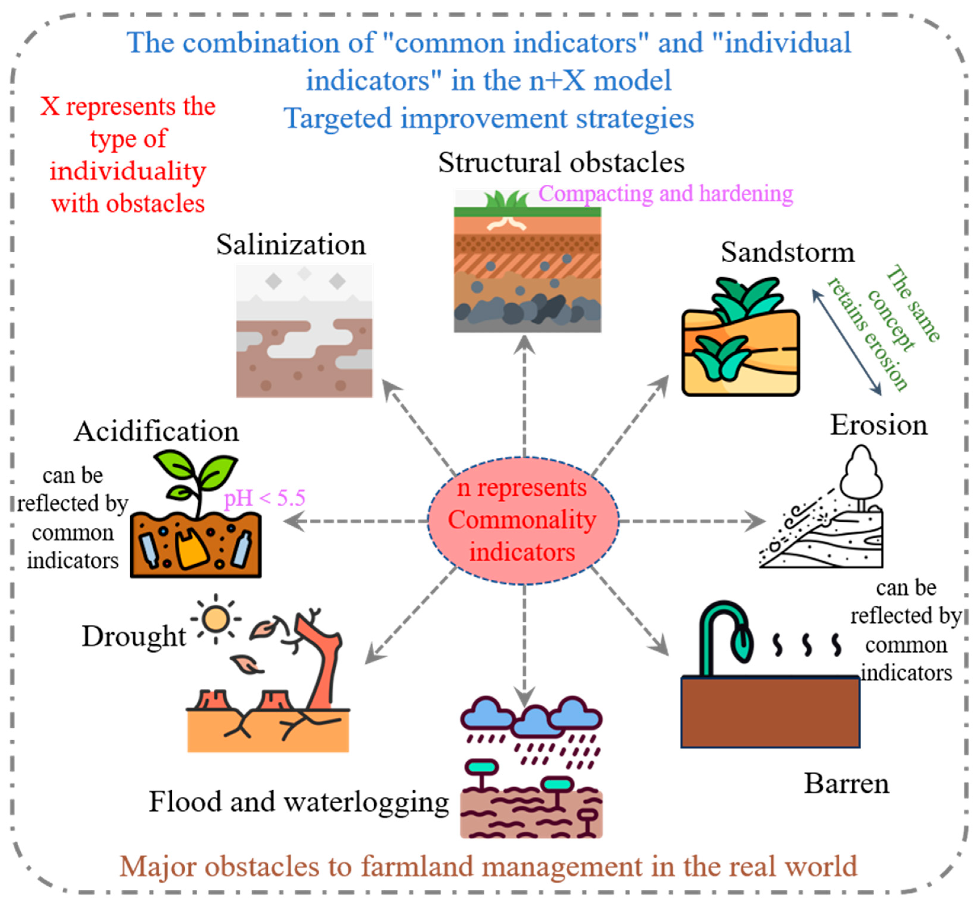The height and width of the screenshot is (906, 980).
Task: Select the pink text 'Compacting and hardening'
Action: click(x=665, y=194)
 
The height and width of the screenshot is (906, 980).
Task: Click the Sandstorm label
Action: click(x=787, y=253)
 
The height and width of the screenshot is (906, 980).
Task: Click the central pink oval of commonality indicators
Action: click(x=523, y=521)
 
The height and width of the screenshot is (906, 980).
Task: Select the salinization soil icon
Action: click(x=304, y=331)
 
